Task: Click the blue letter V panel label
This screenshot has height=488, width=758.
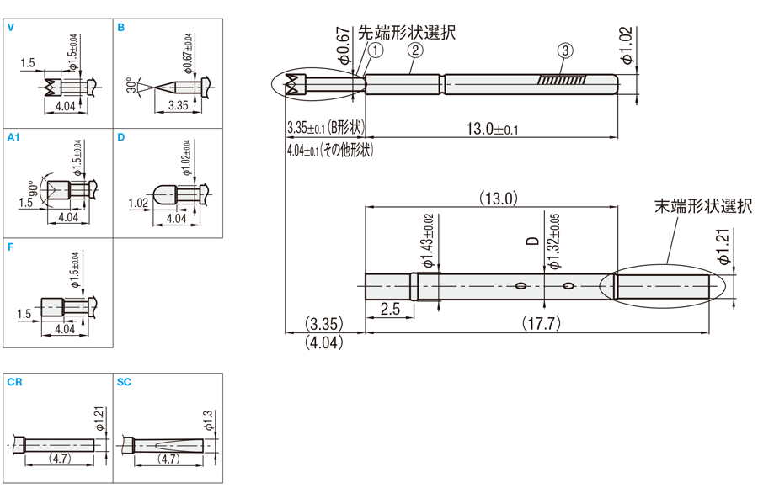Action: [11, 28]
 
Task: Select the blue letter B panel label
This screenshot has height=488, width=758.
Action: [121, 28]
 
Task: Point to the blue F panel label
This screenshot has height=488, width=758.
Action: [10, 247]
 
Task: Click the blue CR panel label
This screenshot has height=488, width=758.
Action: [14, 382]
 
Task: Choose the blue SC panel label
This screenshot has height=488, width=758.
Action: [125, 382]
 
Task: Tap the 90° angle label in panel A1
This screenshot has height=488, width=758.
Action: [34, 186]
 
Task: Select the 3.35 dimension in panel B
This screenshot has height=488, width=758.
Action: [178, 105]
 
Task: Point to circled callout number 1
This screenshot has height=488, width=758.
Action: [376, 50]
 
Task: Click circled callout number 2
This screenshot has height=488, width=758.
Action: [414, 50]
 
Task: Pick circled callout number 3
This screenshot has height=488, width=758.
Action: [565, 51]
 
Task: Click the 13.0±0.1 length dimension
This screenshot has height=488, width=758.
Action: [493, 129]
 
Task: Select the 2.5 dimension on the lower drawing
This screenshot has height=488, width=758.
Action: [389, 309]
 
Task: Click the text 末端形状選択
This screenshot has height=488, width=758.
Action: [704, 206]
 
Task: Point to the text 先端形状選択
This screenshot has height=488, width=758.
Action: [408, 33]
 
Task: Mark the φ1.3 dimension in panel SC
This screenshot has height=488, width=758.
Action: [209, 418]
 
